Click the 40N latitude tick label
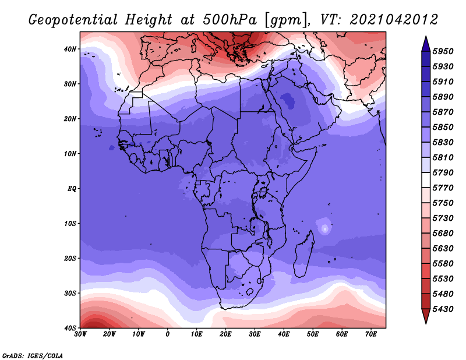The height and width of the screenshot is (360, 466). [x=70, y=49]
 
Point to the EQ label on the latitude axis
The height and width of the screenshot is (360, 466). [x=72, y=189]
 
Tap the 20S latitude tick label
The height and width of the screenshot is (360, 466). [x=70, y=258]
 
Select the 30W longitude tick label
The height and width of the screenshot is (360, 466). [x=80, y=334]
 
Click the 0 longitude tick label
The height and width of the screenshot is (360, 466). [x=168, y=334]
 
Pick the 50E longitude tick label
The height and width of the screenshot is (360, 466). [x=313, y=334]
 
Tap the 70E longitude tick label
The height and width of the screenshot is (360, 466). [x=371, y=334]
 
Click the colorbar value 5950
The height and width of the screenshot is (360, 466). [x=443, y=51]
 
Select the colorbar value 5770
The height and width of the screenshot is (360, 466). [x=443, y=188]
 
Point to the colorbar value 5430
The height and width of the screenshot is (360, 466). [x=443, y=309]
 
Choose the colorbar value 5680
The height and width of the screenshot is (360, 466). [x=443, y=234]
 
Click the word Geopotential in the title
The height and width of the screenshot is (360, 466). [x=73, y=20]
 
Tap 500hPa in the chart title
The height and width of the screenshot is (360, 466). [x=230, y=20]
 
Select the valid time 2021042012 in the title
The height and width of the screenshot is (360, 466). [x=394, y=20]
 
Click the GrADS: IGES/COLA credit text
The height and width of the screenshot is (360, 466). [x=33, y=355]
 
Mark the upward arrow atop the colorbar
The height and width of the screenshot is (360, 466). [x=426, y=44]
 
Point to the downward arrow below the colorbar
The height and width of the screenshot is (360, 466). [x=426, y=316]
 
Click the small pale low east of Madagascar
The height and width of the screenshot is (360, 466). [x=325, y=228]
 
